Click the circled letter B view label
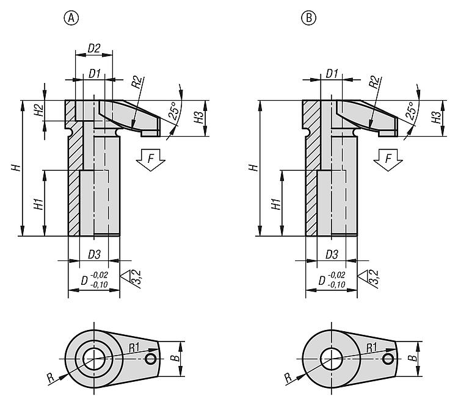[x=310, y=18]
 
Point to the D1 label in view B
[x=332, y=73]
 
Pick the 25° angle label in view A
[x=173, y=112]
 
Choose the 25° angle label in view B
[x=410, y=112]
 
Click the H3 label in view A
[x=198, y=118]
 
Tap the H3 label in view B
[x=435, y=118]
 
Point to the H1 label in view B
[x=275, y=204]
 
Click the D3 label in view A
[x=94, y=253]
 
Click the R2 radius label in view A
[x=137, y=82]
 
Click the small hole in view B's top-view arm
[x=388, y=359]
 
